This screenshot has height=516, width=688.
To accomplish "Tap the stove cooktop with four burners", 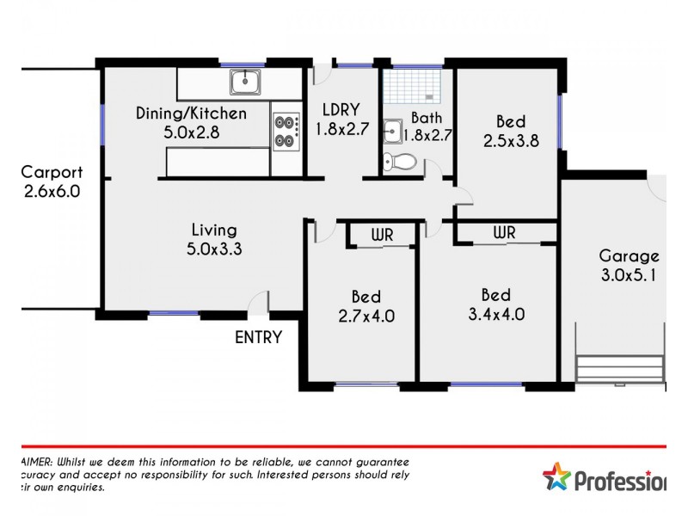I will click(286, 132).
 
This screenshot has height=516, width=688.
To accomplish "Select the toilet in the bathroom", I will click(399, 161).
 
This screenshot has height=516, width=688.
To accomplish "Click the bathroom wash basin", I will click(392, 132).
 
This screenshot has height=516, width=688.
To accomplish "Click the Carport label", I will click(52, 171).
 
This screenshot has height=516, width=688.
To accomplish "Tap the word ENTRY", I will click(258, 338).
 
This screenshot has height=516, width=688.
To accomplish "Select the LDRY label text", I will click(341, 110).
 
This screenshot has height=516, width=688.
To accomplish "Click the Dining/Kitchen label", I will click(192, 114).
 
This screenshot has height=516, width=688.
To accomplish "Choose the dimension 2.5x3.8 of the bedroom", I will click(511, 142).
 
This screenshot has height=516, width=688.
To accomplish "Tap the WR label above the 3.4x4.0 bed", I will click(504, 233).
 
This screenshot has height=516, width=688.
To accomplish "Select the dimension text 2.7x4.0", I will click(366, 315).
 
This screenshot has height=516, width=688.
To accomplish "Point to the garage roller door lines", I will click(620, 369).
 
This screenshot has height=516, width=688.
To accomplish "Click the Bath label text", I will click(426, 118).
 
